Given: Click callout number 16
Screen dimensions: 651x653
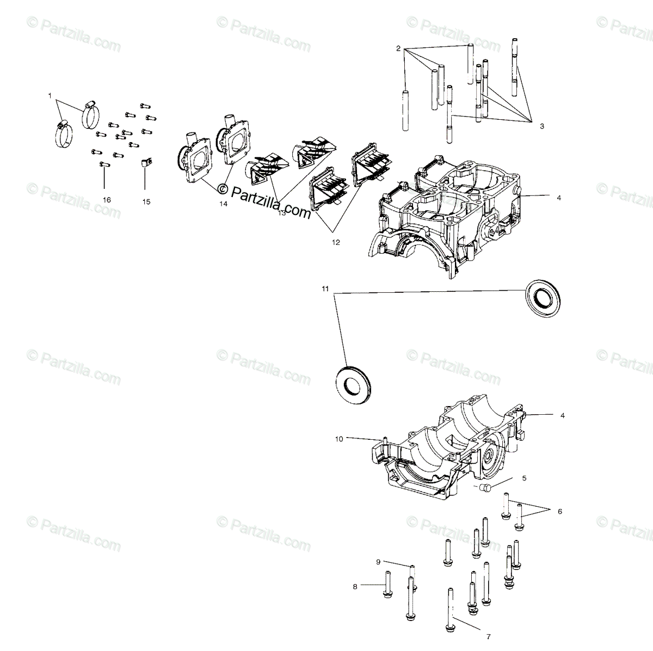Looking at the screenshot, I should click(x=106, y=200).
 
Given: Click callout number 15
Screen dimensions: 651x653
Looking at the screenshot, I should click(x=146, y=201).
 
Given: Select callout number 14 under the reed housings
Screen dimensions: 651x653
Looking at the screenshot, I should click(x=223, y=204).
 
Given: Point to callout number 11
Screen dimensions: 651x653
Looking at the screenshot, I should click(x=325, y=288).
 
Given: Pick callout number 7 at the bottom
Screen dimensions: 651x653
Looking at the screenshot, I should click(x=488, y=636).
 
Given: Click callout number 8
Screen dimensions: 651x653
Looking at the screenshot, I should click(x=355, y=586).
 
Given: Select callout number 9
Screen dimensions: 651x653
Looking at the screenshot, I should click(x=378, y=561).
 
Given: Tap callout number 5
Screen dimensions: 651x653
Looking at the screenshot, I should click(x=524, y=478).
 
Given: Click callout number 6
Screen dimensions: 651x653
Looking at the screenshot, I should click(x=559, y=511).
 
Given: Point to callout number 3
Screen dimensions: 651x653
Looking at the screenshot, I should click(x=541, y=126).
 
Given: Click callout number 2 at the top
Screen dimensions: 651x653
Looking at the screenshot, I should click(x=398, y=48).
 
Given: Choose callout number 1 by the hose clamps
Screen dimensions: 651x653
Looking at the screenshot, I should click(x=50, y=96).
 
